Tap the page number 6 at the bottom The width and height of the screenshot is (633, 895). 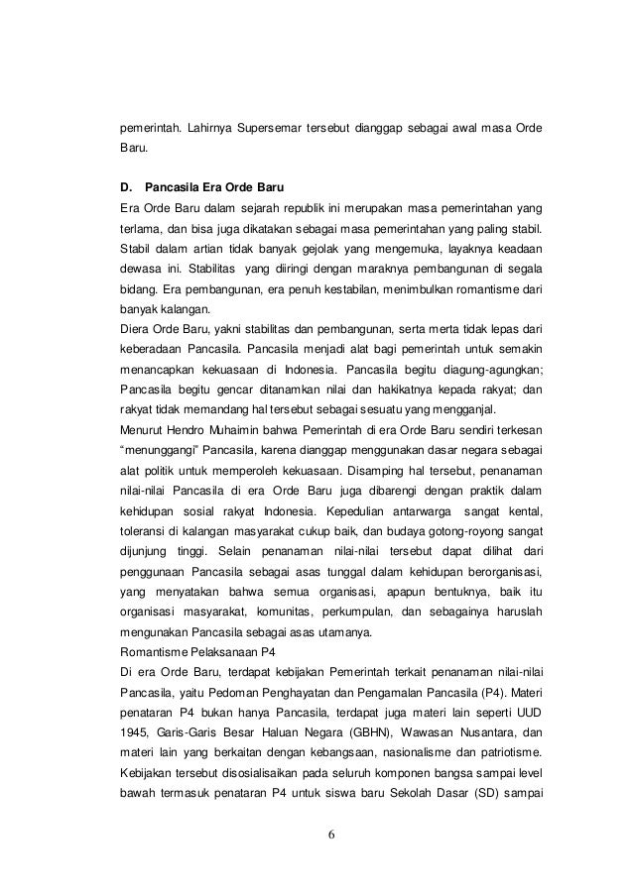(x=331, y=831)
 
